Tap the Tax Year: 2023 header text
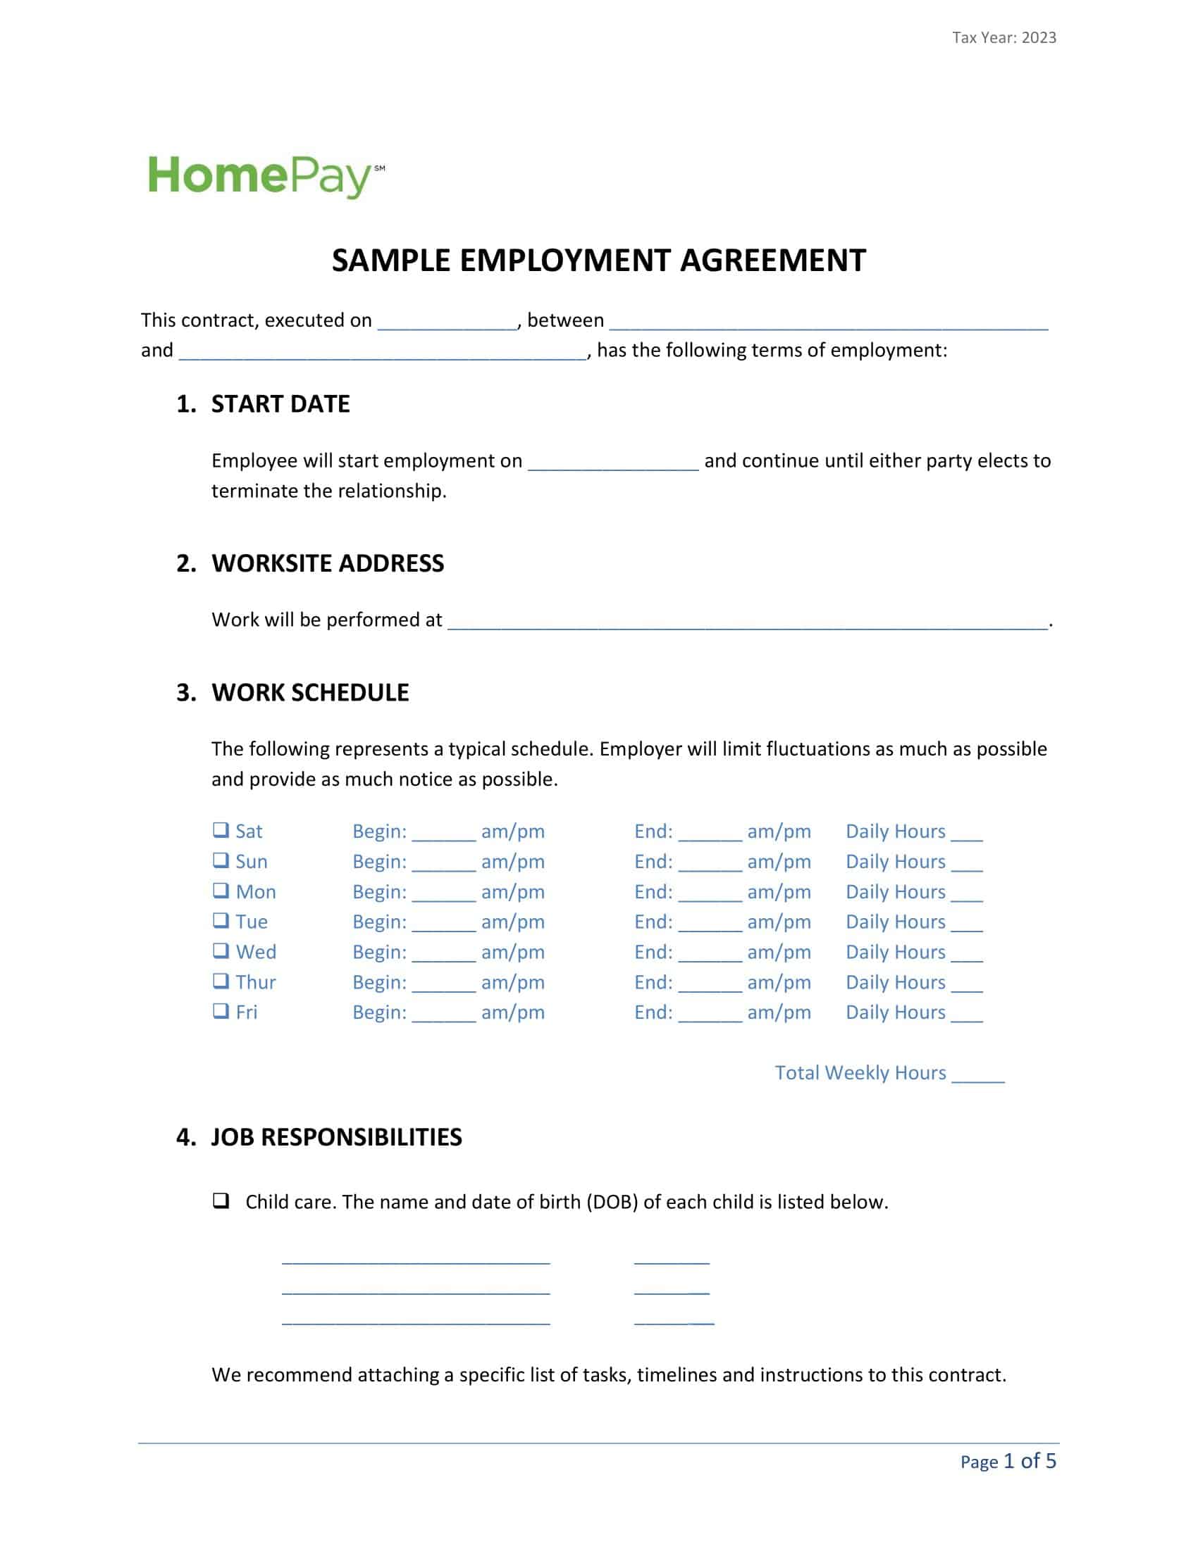coord(1004,37)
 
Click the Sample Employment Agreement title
coord(598,261)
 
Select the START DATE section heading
coord(280,404)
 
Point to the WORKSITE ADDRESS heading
coord(327,563)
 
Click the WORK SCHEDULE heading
coord(310,692)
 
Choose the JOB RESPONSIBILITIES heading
coord(336,1138)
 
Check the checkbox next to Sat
coord(221,830)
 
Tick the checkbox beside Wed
coord(221,951)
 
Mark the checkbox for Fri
coord(221,1010)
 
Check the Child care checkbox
coord(221,1201)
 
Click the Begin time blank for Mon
coord(443,893)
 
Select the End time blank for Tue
coord(710,924)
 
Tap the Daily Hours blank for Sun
coord(967,863)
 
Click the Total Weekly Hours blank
coord(977,1074)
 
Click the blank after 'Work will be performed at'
coord(746,621)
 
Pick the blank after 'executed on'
coord(447,322)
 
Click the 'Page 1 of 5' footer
coord(1008,1462)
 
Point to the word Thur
coord(256,982)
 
